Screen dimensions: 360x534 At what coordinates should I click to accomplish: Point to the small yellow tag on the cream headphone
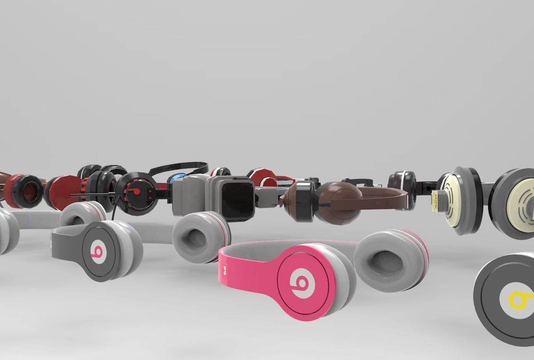point(435,201)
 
